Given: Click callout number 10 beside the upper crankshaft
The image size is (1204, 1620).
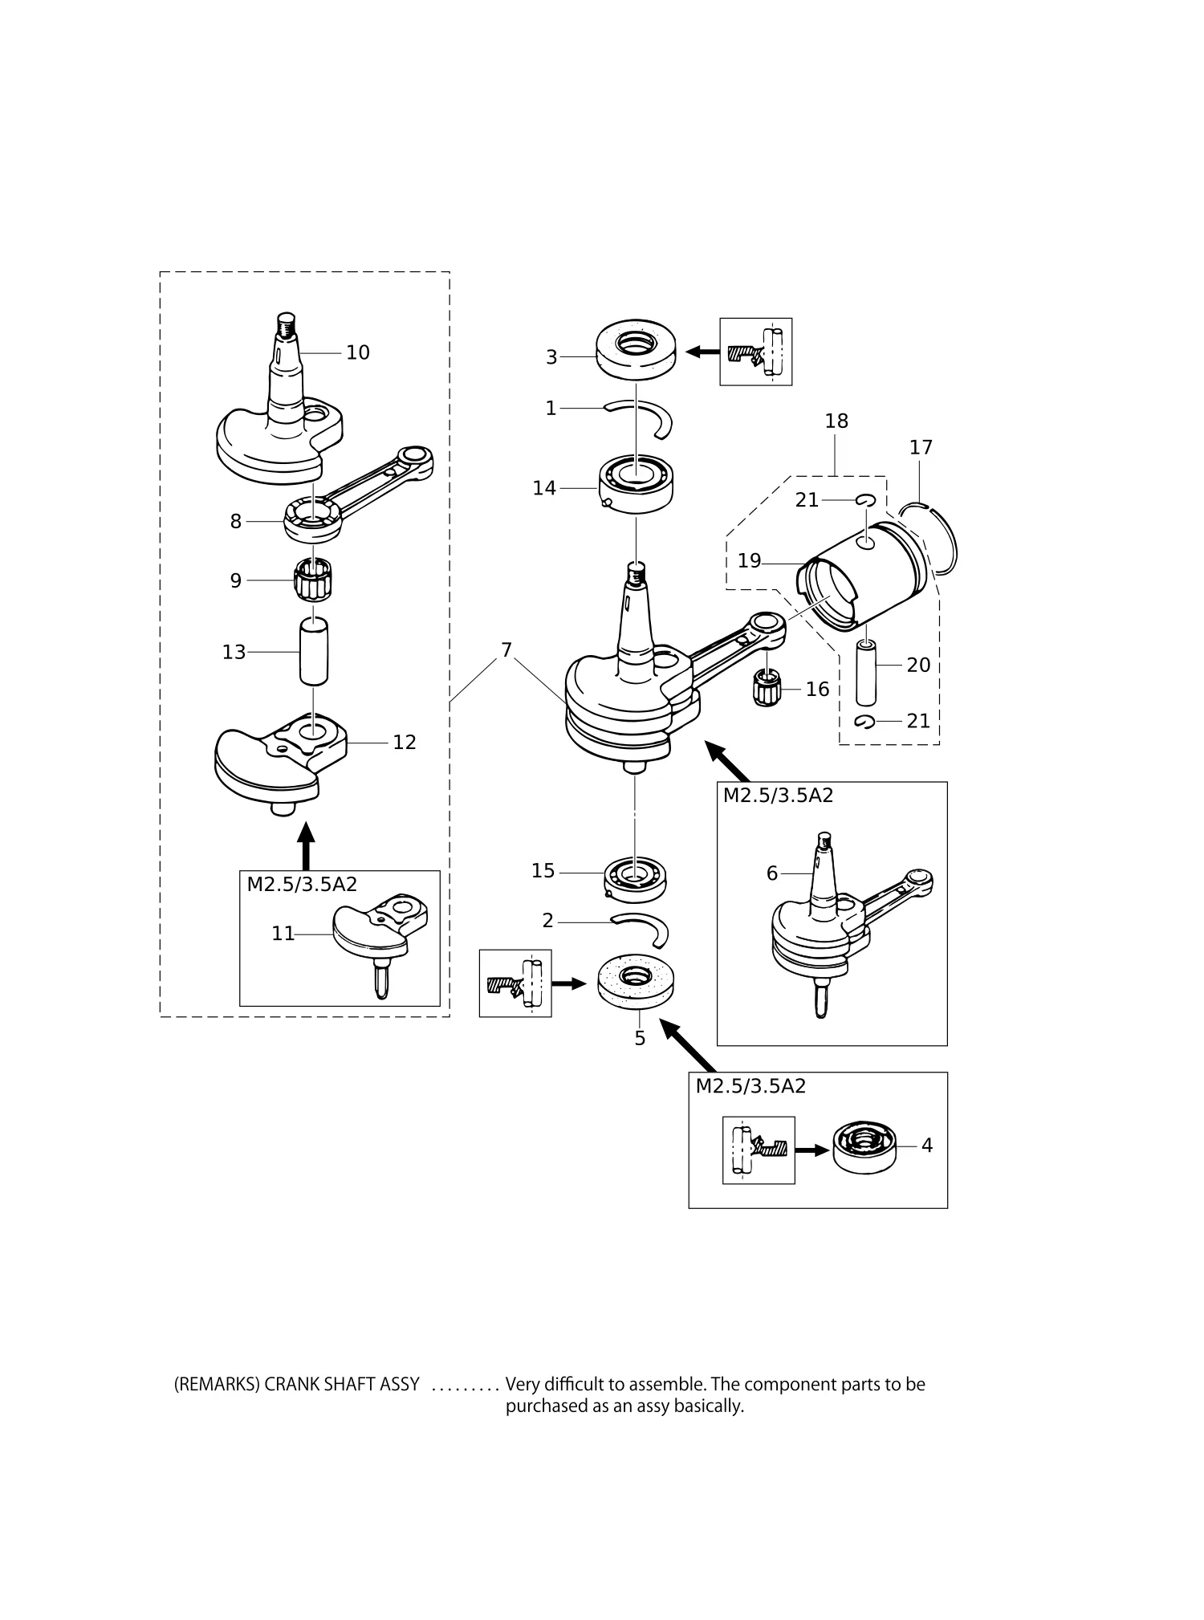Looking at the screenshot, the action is tap(358, 352).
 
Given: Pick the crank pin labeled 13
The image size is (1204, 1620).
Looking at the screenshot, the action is tap(314, 651).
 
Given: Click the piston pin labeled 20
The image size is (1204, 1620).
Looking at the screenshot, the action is tap(866, 672).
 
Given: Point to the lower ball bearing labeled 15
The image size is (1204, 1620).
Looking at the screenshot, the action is tap(636, 878).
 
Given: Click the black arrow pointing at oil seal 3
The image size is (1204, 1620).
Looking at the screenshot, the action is tap(702, 351).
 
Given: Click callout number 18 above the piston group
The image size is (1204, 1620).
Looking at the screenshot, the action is tap(836, 421).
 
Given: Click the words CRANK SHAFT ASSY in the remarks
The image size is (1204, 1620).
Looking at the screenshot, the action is tap(341, 1384).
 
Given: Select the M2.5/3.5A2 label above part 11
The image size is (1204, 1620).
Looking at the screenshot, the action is tap(302, 885).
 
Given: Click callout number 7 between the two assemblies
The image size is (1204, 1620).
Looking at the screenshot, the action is tap(506, 650).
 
